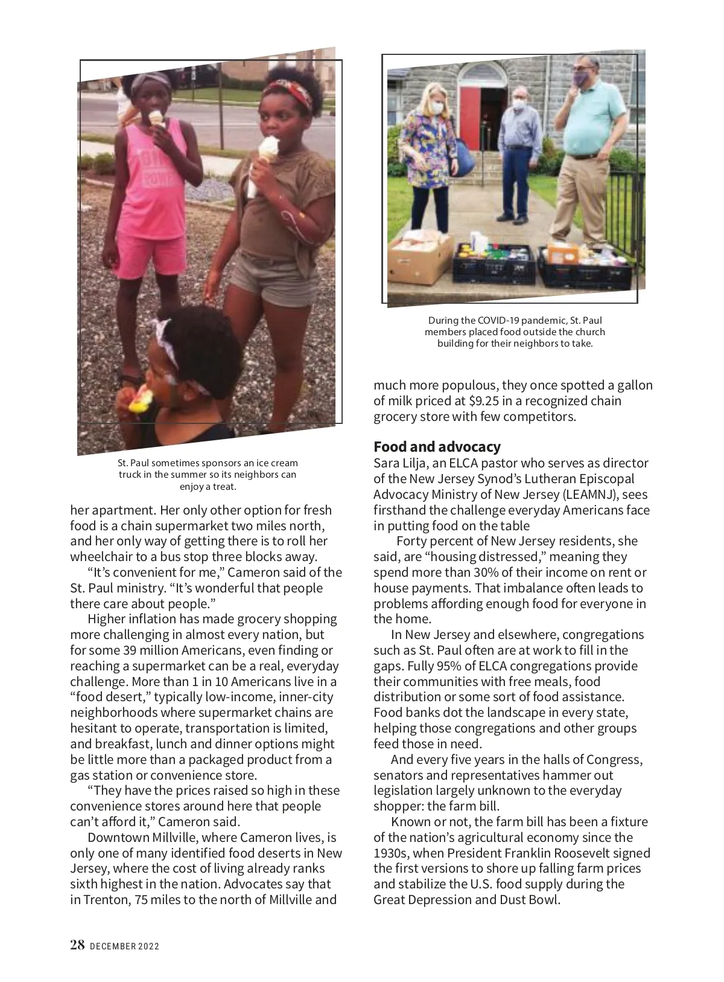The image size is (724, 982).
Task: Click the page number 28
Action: (x=77, y=945)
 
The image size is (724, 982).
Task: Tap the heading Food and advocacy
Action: (x=437, y=447)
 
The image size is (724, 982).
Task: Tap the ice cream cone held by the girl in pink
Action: (x=157, y=117)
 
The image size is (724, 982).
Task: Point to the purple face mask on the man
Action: (x=582, y=78)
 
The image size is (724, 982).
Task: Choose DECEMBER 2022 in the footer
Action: (x=124, y=946)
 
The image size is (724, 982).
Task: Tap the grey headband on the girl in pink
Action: (x=145, y=82)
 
